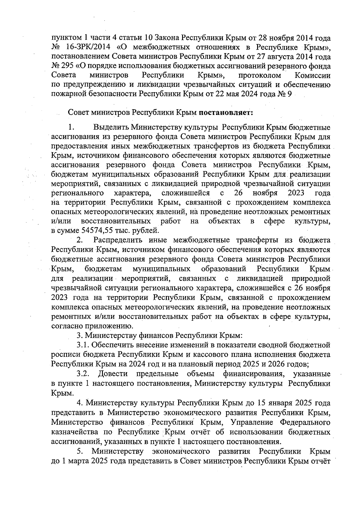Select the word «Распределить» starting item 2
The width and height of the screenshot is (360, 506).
(x=118, y=240)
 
